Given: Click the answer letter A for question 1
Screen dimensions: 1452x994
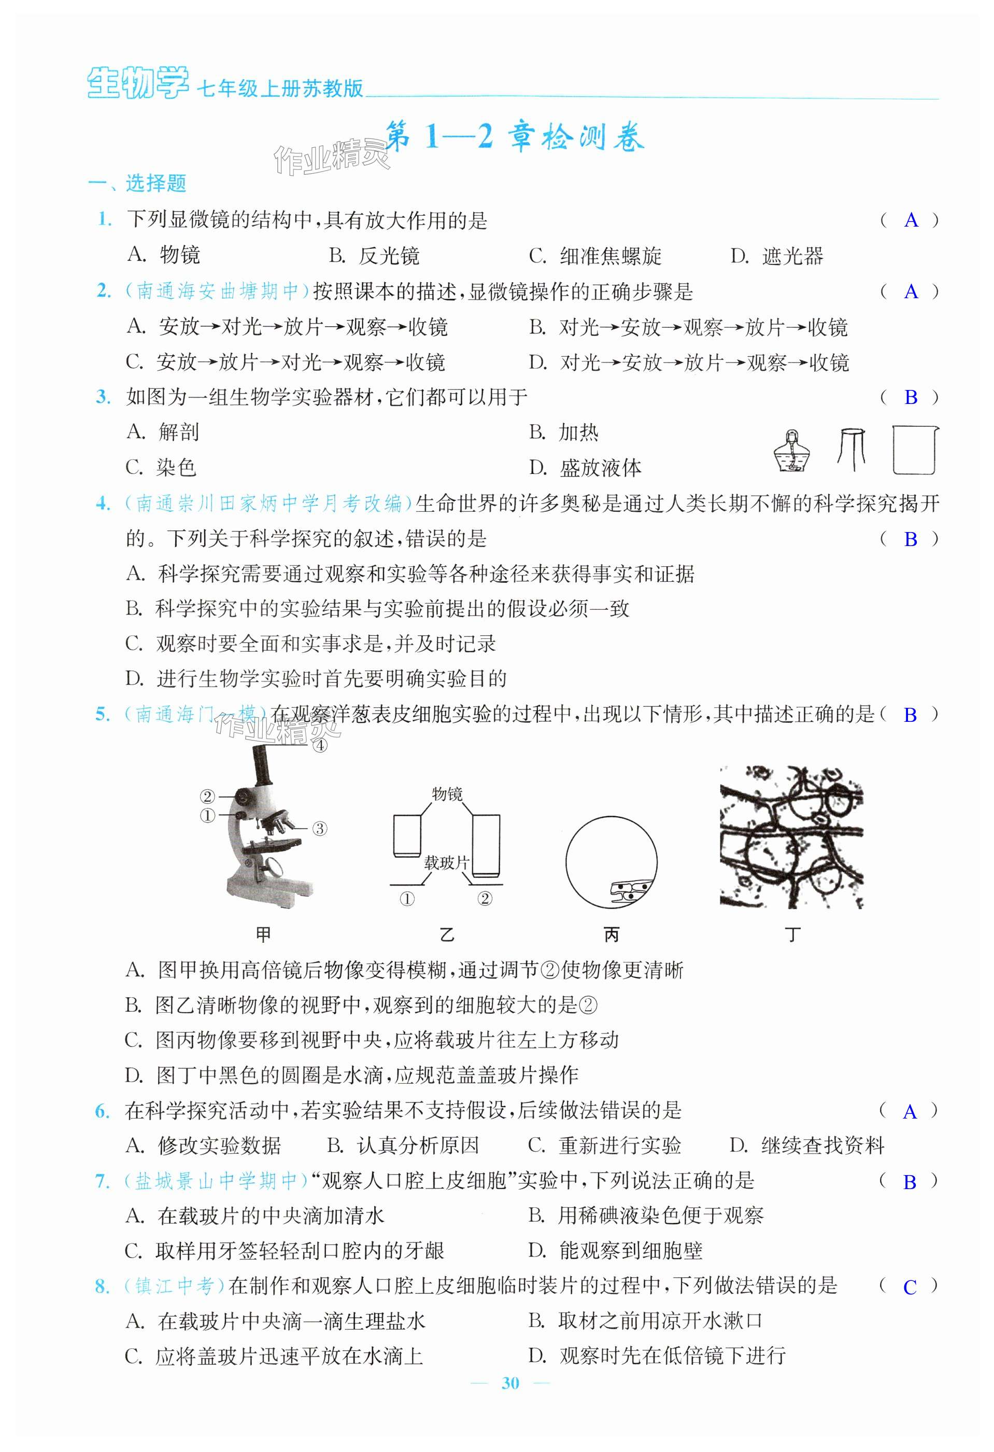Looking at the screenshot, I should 911,220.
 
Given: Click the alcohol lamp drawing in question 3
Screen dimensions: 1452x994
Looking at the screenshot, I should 792,451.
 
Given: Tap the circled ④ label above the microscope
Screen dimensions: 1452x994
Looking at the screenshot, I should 320,745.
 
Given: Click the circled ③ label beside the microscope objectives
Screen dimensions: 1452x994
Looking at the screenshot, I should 319,829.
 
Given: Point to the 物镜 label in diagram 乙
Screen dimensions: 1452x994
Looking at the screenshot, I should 447,794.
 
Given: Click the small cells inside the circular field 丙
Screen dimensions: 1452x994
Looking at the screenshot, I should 631,890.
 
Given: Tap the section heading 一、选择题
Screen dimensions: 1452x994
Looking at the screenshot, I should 137,183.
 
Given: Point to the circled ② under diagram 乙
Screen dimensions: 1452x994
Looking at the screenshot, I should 485,899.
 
